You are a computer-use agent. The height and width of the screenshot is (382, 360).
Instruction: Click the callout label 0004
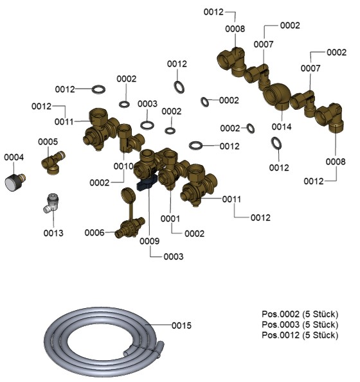coord(14,157)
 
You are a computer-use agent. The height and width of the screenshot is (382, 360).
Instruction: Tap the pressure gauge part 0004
coord(14,182)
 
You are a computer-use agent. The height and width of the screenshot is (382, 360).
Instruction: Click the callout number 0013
coord(53,233)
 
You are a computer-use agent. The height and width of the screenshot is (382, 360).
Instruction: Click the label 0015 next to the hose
coord(181,326)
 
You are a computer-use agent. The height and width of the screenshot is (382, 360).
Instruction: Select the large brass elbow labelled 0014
coord(278,96)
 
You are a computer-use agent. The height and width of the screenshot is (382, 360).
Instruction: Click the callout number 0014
coord(282,126)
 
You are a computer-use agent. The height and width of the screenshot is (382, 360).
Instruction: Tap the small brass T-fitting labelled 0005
coord(53,163)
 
